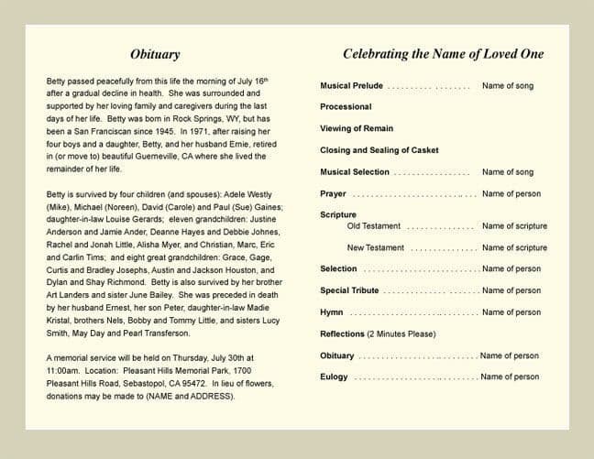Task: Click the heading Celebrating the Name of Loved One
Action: [x=443, y=55]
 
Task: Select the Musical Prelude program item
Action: [x=351, y=86]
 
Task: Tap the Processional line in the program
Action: [x=346, y=107]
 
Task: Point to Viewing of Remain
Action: [x=357, y=128]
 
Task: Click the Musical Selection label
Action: [x=355, y=172]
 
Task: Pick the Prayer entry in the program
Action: [x=333, y=194]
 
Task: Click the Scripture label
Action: [x=337, y=215]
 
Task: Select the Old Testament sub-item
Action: [x=373, y=226]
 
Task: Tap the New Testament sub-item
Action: [x=375, y=248]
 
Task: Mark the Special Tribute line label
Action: [x=349, y=290]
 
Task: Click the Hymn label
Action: [x=332, y=312]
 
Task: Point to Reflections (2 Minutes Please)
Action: [x=377, y=334]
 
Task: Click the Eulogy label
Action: [x=334, y=377]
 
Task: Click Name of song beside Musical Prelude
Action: [x=507, y=86]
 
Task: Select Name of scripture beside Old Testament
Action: [x=514, y=226]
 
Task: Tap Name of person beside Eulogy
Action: [x=510, y=377]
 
